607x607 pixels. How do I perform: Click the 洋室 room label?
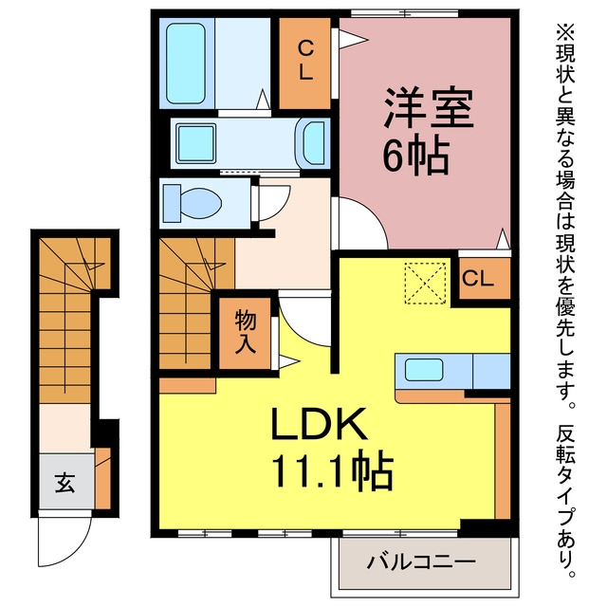tap(429, 108)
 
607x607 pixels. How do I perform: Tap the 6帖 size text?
tap(416, 156)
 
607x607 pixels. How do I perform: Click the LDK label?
tap(319, 424)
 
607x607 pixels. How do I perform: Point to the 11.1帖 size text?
tap(333, 471)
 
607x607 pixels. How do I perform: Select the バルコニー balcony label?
tap(421, 561)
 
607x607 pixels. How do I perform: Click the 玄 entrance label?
tap(64, 483)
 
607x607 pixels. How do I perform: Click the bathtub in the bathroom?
tap(186, 64)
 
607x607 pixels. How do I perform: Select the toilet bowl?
tap(193, 204)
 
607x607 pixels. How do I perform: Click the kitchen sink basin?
tap(424, 370)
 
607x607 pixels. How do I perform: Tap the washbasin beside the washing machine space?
tap(311, 142)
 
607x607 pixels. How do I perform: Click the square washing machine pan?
tap(196, 143)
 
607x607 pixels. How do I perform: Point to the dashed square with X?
tap(425, 283)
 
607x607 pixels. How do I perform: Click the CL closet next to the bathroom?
tap(305, 64)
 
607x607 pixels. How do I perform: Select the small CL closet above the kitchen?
tap(485, 278)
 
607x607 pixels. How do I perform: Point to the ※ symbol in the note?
tap(565, 32)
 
